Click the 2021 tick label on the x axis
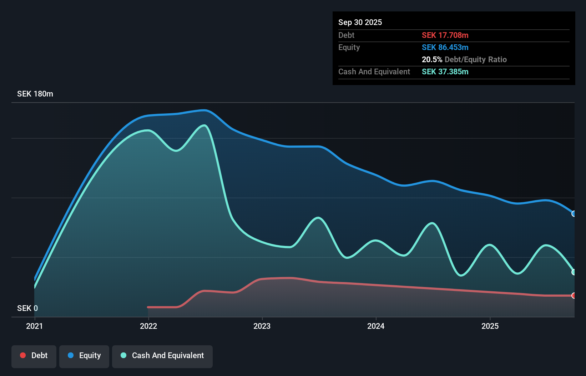pyautogui.click(x=35, y=326)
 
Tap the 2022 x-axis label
pyautogui.click(x=148, y=326)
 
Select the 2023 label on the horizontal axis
pyautogui.click(x=262, y=326)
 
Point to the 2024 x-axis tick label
pyautogui.click(x=376, y=326)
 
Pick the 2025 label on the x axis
pyautogui.click(x=490, y=326)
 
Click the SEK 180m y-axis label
pyautogui.click(x=35, y=94)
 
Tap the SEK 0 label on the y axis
pyautogui.click(x=27, y=308)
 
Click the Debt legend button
pyautogui.click(x=34, y=356)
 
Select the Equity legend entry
pyautogui.click(x=84, y=356)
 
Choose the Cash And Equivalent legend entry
pyautogui.click(x=162, y=356)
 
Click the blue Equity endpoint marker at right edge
pyautogui.click(x=574, y=214)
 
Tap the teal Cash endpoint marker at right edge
pyautogui.click(x=574, y=272)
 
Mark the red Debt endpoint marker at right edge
pyautogui.click(x=574, y=296)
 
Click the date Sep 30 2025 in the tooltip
pyautogui.click(x=360, y=22)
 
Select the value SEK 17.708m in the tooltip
pyautogui.click(x=445, y=35)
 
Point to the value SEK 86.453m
pyautogui.click(x=445, y=47)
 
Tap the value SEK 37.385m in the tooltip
pyautogui.click(x=445, y=71)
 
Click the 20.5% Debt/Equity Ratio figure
pyautogui.click(x=464, y=59)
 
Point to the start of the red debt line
pyautogui.click(x=148, y=307)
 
